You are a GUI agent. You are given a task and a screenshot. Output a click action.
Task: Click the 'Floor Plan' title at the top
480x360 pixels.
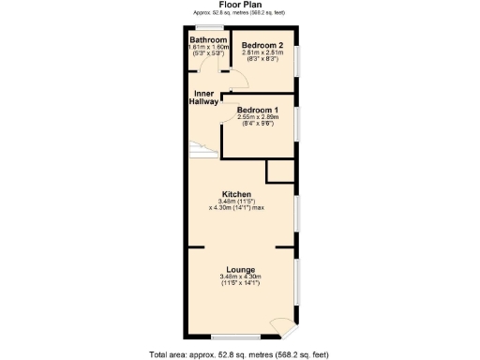[x=239, y=5]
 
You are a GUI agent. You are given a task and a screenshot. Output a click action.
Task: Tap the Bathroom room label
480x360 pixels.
[x=204, y=40]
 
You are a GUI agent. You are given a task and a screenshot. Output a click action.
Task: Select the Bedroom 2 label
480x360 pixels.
[x=262, y=45]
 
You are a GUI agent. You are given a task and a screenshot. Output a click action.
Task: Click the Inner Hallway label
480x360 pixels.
[x=206, y=98]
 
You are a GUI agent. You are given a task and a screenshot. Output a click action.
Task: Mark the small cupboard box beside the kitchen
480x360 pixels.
[x=279, y=171]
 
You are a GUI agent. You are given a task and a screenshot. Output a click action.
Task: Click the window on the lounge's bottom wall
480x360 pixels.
[x=235, y=337]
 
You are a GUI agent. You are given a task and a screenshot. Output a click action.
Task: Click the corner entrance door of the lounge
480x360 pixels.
[x=282, y=327]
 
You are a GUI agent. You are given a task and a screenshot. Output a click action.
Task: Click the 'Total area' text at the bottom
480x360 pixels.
[x=239, y=354]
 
